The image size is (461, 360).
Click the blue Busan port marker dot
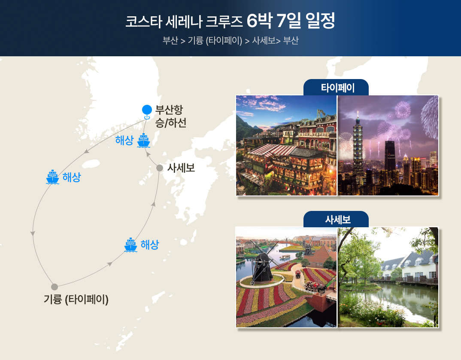click(x=147, y=110)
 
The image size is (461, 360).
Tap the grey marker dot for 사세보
click(x=160, y=168)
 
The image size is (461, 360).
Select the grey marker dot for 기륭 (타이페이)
click(x=55, y=287)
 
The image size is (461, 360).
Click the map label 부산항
click(x=169, y=110)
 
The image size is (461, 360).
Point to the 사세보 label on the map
click(x=181, y=168)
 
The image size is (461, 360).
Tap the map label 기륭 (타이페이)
click(x=76, y=300)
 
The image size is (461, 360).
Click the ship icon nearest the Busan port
click(x=143, y=140)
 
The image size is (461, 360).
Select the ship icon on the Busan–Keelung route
click(x=53, y=177)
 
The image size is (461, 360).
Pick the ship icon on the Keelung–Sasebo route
click(x=130, y=245)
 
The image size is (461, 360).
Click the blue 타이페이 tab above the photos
click(x=336, y=88)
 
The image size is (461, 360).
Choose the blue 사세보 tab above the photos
click(x=336, y=219)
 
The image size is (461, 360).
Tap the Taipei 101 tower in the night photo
click(x=358, y=147)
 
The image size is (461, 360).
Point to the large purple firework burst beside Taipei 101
click(x=403, y=110)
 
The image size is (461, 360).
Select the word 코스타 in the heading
click(x=144, y=21)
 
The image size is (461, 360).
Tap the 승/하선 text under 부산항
click(x=171, y=123)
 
